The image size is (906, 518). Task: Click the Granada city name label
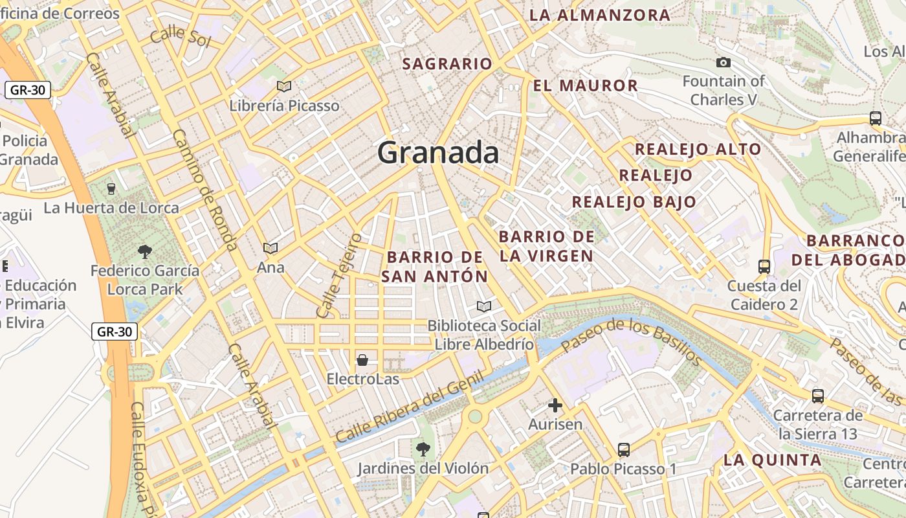[438, 153]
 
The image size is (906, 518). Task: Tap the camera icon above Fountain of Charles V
[724, 63]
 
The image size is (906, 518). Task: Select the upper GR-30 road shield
[28, 90]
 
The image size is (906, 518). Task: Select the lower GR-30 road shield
[114, 332]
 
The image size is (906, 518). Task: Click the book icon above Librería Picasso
[283, 85]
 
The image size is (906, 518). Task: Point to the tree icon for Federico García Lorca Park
[144, 251]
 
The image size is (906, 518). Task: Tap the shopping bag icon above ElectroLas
[362, 359]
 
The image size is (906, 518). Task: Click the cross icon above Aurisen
[555, 406]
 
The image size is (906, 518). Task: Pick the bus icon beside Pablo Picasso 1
[624, 449]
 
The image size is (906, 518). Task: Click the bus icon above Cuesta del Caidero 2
[764, 266]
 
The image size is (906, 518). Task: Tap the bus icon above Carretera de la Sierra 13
[818, 396]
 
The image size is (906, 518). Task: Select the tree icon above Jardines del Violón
[423, 448]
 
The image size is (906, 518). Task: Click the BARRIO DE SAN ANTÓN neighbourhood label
[434, 267]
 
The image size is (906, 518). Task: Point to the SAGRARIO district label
[447, 64]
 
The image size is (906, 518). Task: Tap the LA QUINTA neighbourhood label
[772, 460]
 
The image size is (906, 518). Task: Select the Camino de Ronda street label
[204, 190]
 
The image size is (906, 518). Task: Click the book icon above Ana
[271, 248]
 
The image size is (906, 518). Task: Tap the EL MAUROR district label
[586, 85]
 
